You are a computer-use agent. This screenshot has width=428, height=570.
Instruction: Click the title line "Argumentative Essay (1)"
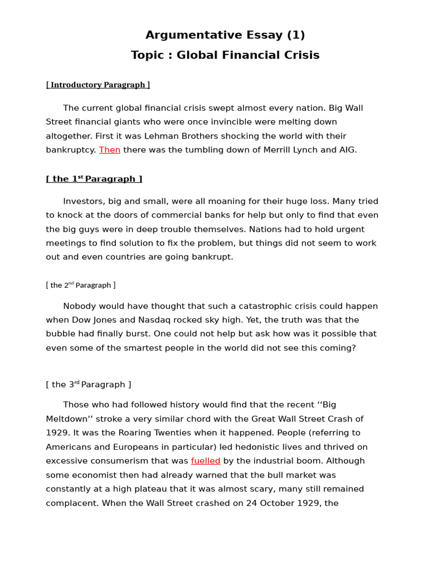[x=225, y=35]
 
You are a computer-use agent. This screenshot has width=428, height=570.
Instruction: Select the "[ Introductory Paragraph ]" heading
[x=98, y=85]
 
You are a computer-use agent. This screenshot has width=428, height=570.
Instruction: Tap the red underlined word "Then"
[x=110, y=150]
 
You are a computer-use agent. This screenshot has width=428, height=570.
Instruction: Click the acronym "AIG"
[x=346, y=150]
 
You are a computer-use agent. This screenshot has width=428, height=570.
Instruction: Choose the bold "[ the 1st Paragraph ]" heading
[x=94, y=179]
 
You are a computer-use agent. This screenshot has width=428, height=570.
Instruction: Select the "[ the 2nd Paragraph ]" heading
[x=81, y=285]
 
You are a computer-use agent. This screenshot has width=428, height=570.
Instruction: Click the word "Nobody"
[x=79, y=306]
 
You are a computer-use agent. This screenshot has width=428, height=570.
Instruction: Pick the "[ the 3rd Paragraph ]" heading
[x=89, y=385]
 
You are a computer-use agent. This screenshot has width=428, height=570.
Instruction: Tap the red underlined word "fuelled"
[x=206, y=461]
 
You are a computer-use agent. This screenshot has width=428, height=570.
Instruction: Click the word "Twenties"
[x=167, y=433]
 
